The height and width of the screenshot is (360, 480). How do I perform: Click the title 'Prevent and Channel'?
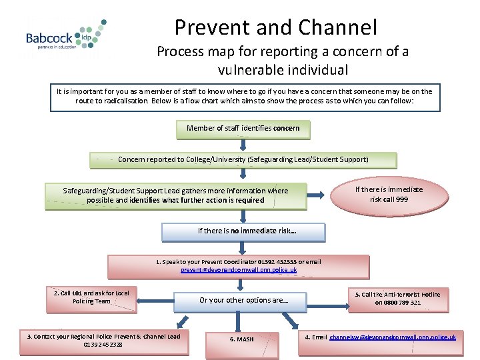(x=275, y=27)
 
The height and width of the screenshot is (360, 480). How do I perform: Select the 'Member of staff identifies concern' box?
(x=243, y=129)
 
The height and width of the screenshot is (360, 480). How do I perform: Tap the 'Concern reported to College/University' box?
(x=243, y=160)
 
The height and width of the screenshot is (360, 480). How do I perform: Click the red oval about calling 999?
(x=388, y=194)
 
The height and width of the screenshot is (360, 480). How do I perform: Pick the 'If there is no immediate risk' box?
(x=243, y=231)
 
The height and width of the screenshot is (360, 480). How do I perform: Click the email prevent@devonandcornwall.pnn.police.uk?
(x=239, y=270)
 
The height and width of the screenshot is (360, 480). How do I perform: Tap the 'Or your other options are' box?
(x=240, y=301)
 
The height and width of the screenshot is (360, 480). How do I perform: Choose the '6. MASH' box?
(x=241, y=339)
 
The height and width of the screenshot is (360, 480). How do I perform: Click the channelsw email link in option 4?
(x=393, y=337)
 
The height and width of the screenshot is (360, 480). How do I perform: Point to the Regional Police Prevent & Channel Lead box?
(x=103, y=340)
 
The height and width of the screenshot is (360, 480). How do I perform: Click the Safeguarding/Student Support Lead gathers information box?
(x=175, y=195)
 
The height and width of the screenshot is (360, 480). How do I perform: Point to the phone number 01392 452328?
(x=103, y=344)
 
